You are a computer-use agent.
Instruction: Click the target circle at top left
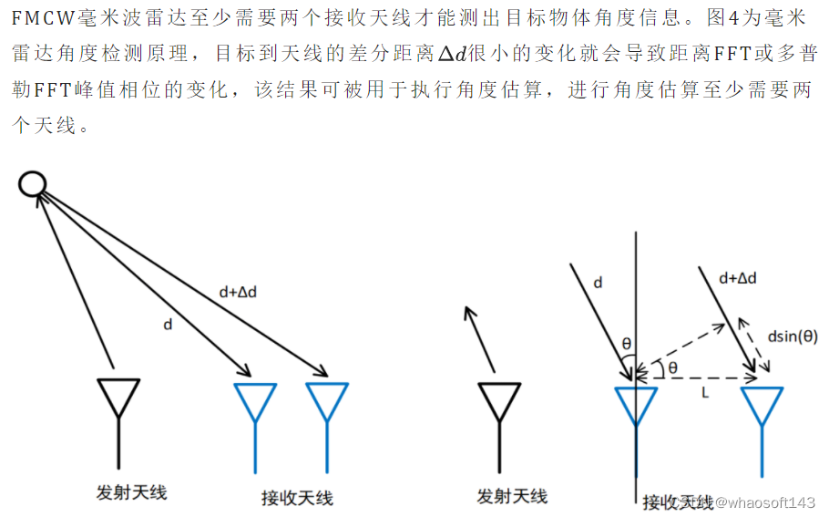point(33,184)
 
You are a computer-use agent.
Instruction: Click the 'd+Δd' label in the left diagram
point(239,292)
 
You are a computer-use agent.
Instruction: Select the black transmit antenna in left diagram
point(118,401)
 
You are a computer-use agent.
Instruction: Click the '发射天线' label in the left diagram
point(131,492)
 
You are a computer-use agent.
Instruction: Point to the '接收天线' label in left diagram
point(297,497)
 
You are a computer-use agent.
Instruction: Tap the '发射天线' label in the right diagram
point(512,496)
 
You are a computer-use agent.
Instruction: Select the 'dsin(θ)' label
point(793,336)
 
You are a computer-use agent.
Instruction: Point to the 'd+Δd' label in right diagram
point(738,277)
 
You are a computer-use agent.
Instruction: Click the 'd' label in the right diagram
point(598,283)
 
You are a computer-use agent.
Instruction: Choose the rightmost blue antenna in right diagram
point(762,406)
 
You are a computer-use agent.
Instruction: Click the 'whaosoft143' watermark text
point(765,502)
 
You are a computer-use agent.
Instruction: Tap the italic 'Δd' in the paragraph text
point(452,54)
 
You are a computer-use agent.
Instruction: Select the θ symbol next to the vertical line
point(626,342)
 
